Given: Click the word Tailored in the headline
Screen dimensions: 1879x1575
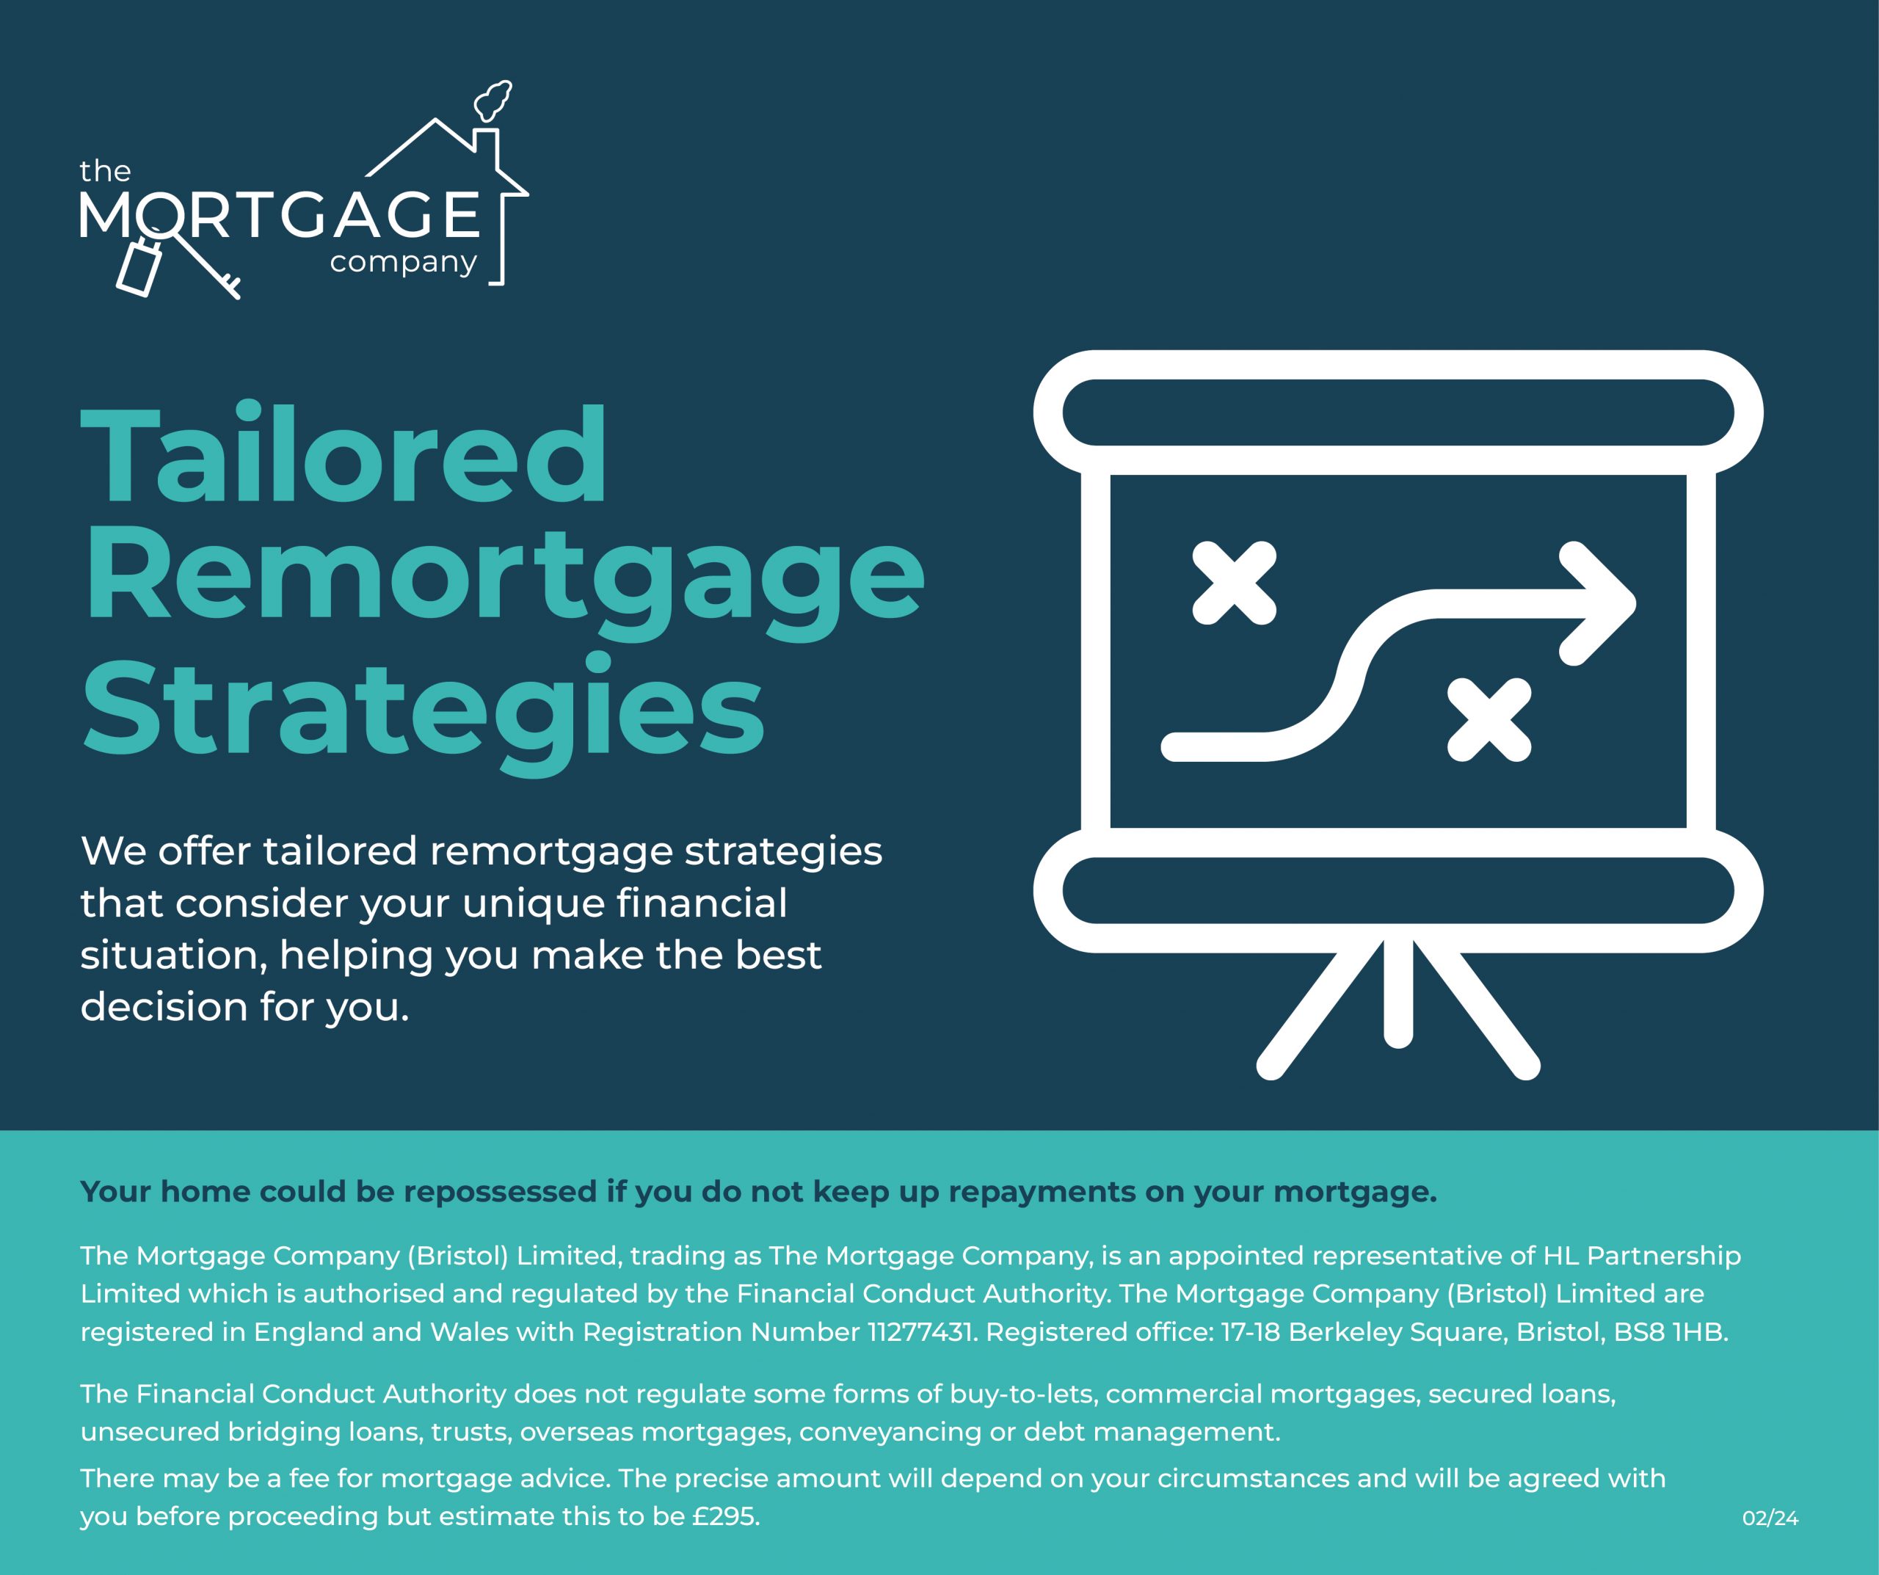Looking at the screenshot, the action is (344, 454).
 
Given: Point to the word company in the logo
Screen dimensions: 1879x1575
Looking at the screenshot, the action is (404, 263).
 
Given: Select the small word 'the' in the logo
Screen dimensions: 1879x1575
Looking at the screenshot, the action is (105, 171).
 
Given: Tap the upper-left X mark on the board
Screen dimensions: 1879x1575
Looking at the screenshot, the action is (1235, 583).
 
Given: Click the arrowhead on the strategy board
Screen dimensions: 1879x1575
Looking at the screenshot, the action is (1598, 604).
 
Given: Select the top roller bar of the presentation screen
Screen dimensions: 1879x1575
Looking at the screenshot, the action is (1398, 412).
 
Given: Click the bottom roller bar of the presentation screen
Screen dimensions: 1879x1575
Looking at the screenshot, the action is (1398, 890).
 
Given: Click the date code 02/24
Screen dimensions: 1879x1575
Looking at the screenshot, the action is (1770, 1518).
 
